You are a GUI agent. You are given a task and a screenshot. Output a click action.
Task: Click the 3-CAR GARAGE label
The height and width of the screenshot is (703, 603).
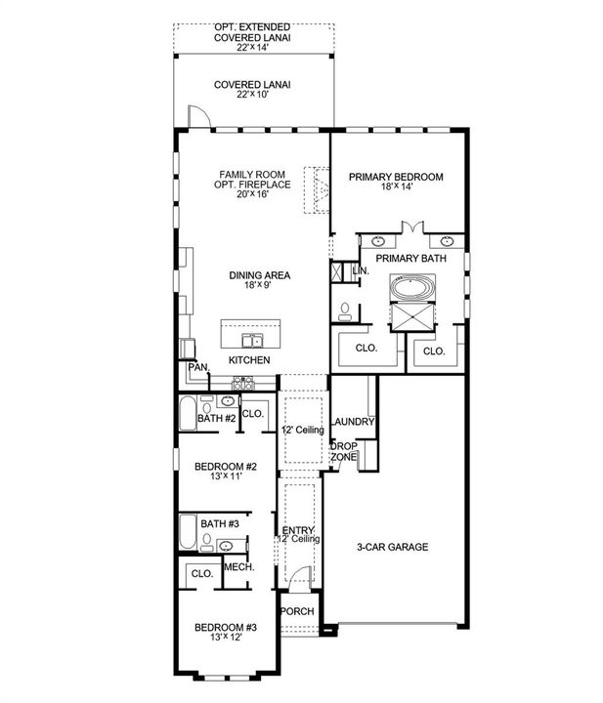393,547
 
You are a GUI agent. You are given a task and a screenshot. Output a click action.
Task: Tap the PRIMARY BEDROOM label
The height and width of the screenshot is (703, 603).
396,177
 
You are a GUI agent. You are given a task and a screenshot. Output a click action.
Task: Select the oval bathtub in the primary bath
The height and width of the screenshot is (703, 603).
412,288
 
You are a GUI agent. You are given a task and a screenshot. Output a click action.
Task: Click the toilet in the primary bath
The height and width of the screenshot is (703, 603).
345,311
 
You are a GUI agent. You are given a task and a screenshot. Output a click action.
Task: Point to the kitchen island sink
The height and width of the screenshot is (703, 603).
252,341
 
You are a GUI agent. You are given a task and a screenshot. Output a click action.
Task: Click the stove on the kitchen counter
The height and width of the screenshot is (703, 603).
242,384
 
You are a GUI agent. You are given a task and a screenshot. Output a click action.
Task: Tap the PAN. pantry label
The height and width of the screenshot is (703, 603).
198,367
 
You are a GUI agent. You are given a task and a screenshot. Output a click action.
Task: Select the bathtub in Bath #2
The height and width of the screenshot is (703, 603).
188,412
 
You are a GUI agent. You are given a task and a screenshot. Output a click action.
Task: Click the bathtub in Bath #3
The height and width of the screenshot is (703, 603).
188,532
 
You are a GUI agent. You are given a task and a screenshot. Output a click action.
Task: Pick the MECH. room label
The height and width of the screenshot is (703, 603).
239,567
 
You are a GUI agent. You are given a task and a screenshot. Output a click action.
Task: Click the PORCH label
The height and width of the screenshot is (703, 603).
297,611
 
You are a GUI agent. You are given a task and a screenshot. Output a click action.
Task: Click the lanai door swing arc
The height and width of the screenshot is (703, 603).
199,116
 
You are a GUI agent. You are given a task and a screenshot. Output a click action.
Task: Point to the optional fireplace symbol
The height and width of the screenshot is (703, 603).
317,190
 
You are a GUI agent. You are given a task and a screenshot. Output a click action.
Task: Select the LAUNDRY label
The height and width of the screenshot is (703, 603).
353,422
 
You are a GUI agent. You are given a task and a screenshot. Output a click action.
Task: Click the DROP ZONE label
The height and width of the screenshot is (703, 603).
344,451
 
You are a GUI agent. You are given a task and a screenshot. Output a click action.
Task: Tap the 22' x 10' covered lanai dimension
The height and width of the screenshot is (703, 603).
252,94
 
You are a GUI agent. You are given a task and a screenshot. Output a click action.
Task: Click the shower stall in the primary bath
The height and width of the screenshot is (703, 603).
412,317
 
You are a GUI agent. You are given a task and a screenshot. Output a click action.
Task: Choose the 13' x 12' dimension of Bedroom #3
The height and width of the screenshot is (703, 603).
226,637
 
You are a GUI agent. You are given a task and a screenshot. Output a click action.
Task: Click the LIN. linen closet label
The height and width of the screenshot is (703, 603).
362,270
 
